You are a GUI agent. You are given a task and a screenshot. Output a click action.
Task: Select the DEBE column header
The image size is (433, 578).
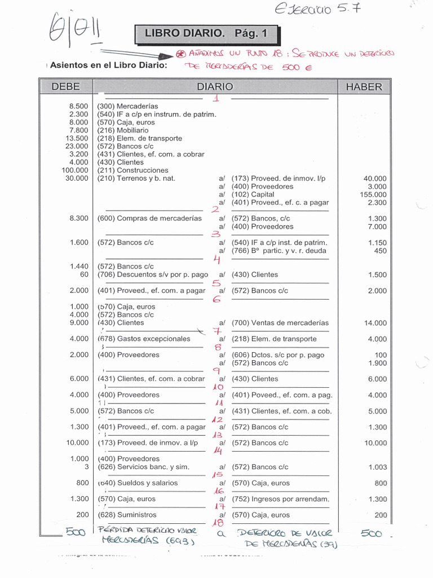(65, 87)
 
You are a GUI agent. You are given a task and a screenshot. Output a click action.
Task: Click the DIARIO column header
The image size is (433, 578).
(215, 87)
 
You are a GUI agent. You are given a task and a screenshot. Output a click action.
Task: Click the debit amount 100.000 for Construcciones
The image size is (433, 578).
(75, 170)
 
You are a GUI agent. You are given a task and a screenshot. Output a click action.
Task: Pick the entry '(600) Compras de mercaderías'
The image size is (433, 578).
(149, 218)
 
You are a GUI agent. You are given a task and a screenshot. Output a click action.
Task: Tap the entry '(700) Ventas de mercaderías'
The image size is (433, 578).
(280, 323)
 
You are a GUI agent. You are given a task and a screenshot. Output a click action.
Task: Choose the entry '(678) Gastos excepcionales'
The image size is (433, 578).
(144, 339)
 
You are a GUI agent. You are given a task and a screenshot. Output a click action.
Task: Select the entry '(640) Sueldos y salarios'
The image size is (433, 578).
(138, 483)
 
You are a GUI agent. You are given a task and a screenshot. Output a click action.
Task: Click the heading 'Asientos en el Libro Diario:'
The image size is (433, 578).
(108, 65)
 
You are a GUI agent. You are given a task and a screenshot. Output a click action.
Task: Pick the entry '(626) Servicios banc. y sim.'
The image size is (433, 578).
(143, 467)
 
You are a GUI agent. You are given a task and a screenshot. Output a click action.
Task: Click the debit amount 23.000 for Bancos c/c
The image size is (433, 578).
(77, 146)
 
